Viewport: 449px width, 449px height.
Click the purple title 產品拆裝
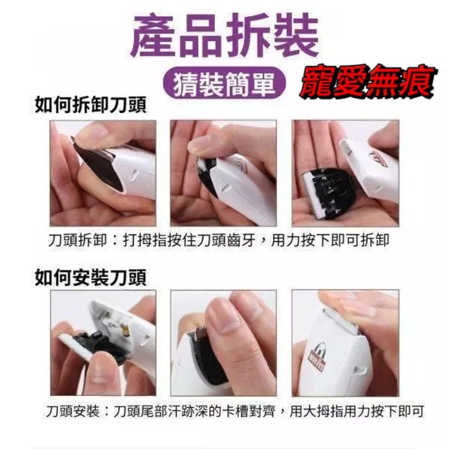[225, 36]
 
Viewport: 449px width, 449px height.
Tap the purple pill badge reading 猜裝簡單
[224, 83]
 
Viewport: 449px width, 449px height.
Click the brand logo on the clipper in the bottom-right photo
[317, 356]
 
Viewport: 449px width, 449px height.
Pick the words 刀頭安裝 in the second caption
[73, 411]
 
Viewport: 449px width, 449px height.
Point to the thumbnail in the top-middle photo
[201, 145]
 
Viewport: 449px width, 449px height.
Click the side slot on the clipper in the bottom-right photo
[360, 370]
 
